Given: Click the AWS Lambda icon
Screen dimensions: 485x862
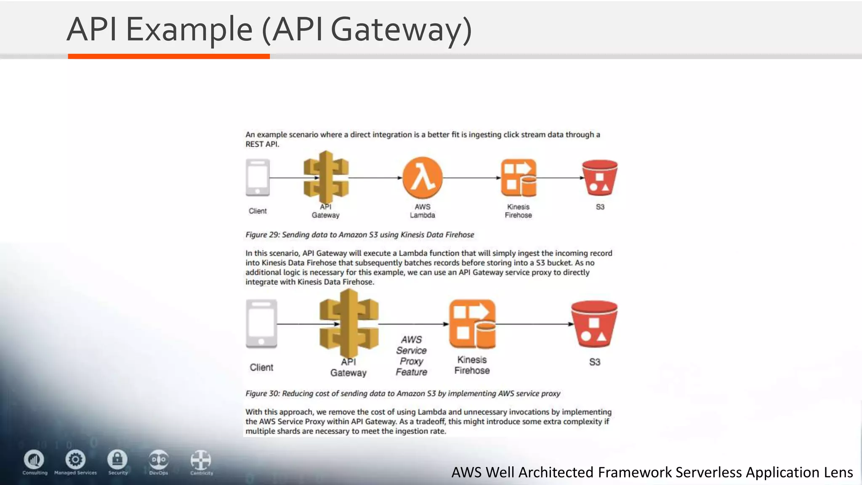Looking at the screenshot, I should click(x=423, y=178).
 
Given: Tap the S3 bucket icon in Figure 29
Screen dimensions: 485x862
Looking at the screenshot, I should click(x=600, y=178).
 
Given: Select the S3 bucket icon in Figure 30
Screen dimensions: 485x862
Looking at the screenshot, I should click(x=594, y=323).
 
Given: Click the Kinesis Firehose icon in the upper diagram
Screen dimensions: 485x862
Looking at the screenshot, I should click(x=519, y=178).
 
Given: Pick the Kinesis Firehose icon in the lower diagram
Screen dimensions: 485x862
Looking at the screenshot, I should click(x=472, y=323).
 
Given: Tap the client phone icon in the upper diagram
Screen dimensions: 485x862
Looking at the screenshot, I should click(x=258, y=177).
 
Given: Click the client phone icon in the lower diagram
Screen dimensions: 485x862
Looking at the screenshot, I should click(x=261, y=323).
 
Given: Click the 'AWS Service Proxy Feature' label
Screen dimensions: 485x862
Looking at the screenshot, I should click(x=411, y=356).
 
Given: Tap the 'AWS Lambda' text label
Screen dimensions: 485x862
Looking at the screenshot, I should click(x=423, y=211).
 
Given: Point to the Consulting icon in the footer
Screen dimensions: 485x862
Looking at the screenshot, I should click(x=34, y=459).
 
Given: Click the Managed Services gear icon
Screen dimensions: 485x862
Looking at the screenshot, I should click(x=76, y=459).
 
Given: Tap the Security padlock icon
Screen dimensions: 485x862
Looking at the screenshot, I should click(x=117, y=459).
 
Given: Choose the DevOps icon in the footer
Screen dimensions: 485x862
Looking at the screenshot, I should click(x=159, y=459).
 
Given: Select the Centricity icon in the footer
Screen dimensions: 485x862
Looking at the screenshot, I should click(x=201, y=460).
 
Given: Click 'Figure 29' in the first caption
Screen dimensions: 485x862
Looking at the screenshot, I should click(x=262, y=235).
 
